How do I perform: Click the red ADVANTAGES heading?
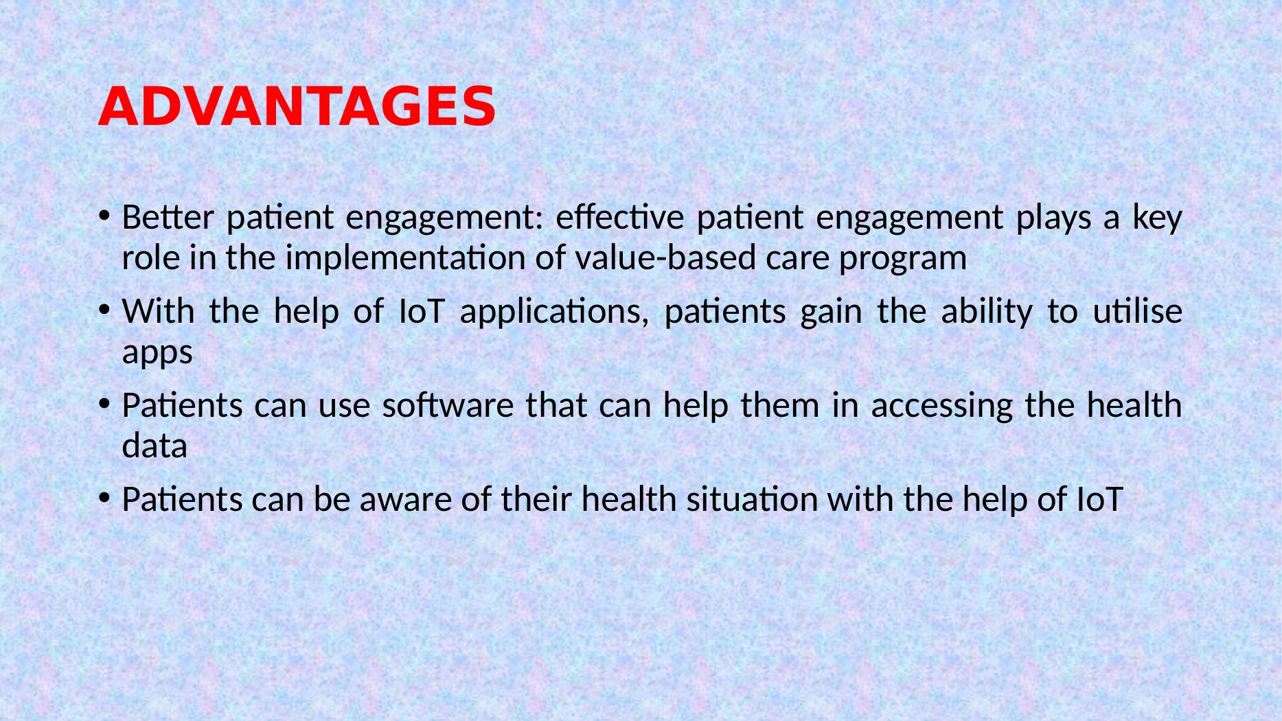click(x=296, y=108)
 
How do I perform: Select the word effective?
click(x=619, y=218)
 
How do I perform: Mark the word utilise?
click(x=1137, y=312)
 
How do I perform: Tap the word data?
click(x=154, y=446)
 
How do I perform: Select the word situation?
click(x=753, y=500)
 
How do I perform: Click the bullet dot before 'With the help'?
click(x=104, y=311)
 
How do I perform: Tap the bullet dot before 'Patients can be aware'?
click(x=104, y=499)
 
